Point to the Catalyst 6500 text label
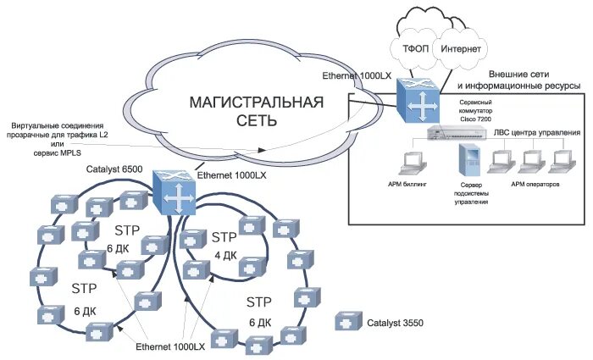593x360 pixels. point(114,169)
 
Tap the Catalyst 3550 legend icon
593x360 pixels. point(348,323)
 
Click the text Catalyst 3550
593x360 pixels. point(395,323)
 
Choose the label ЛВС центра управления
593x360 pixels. point(537,133)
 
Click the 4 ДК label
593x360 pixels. point(224,255)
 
